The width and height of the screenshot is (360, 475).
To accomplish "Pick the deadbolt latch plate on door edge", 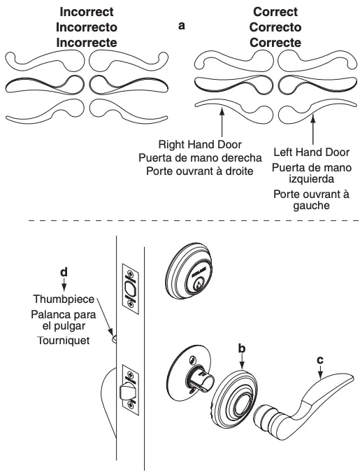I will pyautogui.click(x=130, y=285).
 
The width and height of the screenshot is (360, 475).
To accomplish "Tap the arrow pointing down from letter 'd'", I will pyautogui.click(x=64, y=283).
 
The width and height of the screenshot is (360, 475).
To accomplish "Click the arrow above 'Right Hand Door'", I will pyautogui.click(x=221, y=123).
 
